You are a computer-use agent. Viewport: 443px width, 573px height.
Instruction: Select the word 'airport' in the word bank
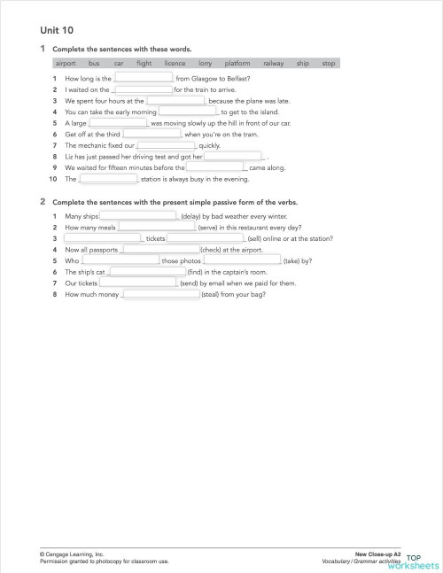coord(66,64)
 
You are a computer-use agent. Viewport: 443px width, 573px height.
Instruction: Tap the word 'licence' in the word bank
coord(175,64)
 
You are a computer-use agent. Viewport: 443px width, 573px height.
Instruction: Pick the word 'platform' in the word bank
coord(237,64)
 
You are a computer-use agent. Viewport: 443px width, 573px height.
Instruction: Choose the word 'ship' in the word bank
coord(303,64)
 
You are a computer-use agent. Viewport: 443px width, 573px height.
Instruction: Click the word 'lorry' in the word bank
coord(205,64)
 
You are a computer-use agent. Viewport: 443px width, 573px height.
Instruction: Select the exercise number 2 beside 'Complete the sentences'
coord(43,202)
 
